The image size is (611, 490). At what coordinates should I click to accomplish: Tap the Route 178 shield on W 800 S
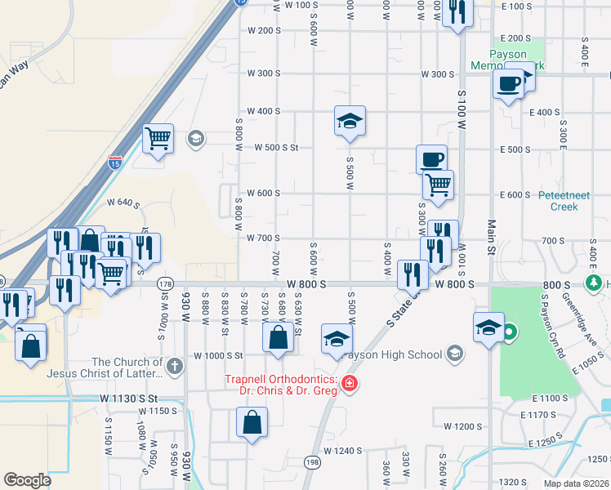(165, 283)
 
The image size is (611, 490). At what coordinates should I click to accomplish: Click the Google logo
(28, 480)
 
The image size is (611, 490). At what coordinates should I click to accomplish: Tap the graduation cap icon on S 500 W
(349, 122)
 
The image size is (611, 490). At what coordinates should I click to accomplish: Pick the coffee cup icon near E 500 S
(431, 158)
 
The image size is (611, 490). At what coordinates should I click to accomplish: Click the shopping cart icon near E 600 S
(438, 185)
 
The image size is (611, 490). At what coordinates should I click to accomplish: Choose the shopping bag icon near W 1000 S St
(278, 336)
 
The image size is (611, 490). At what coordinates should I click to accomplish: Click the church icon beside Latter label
(175, 367)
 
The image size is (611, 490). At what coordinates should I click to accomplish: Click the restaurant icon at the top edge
(457, 11)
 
